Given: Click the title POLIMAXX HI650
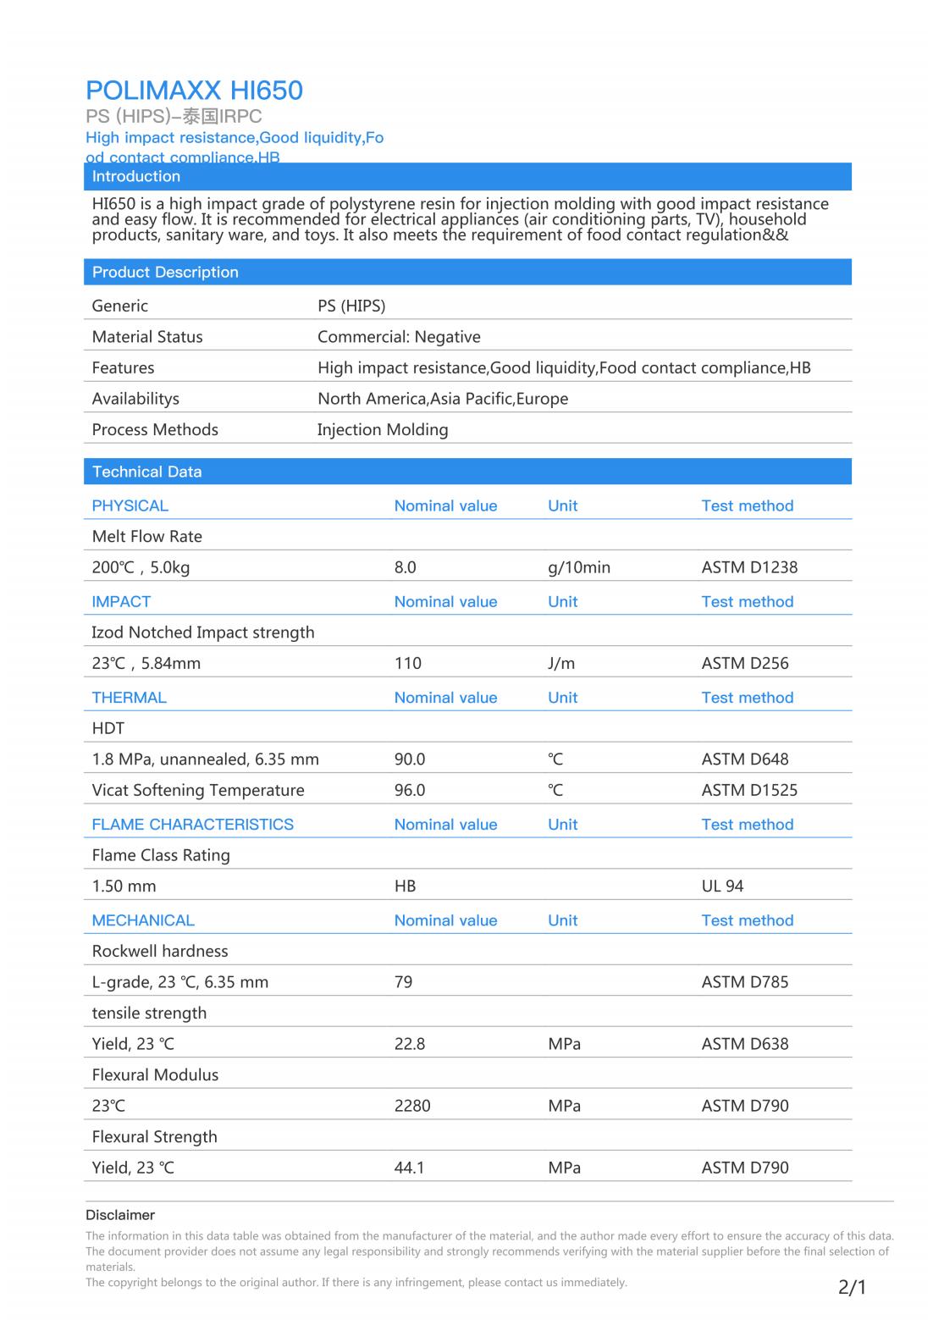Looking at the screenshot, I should [194, 91].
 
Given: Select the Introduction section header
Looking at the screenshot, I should [136, 176].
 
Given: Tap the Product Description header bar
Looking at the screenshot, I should [165, 272].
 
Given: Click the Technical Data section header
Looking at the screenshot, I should [146, 472].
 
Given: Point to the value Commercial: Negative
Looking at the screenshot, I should [399, 337].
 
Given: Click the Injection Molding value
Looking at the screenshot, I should [383, 429].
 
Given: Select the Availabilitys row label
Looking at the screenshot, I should [135, 399].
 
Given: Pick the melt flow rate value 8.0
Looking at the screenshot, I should [406, 567].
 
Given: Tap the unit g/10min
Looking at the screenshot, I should [579, 567].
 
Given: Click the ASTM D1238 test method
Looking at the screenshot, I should [749, 567].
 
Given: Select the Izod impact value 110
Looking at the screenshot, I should [408, 663].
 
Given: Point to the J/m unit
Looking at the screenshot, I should [561, 663].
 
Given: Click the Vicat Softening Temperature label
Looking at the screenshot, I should [198, 790].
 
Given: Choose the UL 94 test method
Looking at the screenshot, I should [722, 886].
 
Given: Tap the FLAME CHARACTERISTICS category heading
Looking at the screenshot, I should [193, 825].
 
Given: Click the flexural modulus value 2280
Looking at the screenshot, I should [412, 1106].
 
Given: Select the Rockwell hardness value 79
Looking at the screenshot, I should [404, 982].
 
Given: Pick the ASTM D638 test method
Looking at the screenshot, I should [745, 1044].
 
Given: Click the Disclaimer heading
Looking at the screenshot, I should [120, 1215].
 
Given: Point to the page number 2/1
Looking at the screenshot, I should [852, 1288].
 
